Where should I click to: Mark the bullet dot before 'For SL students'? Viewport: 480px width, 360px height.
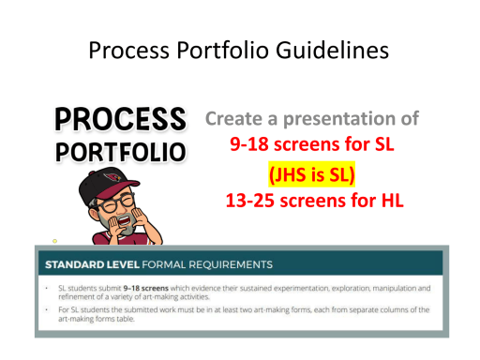pos(48,309)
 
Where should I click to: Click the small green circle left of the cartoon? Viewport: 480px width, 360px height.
pos(55,241)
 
